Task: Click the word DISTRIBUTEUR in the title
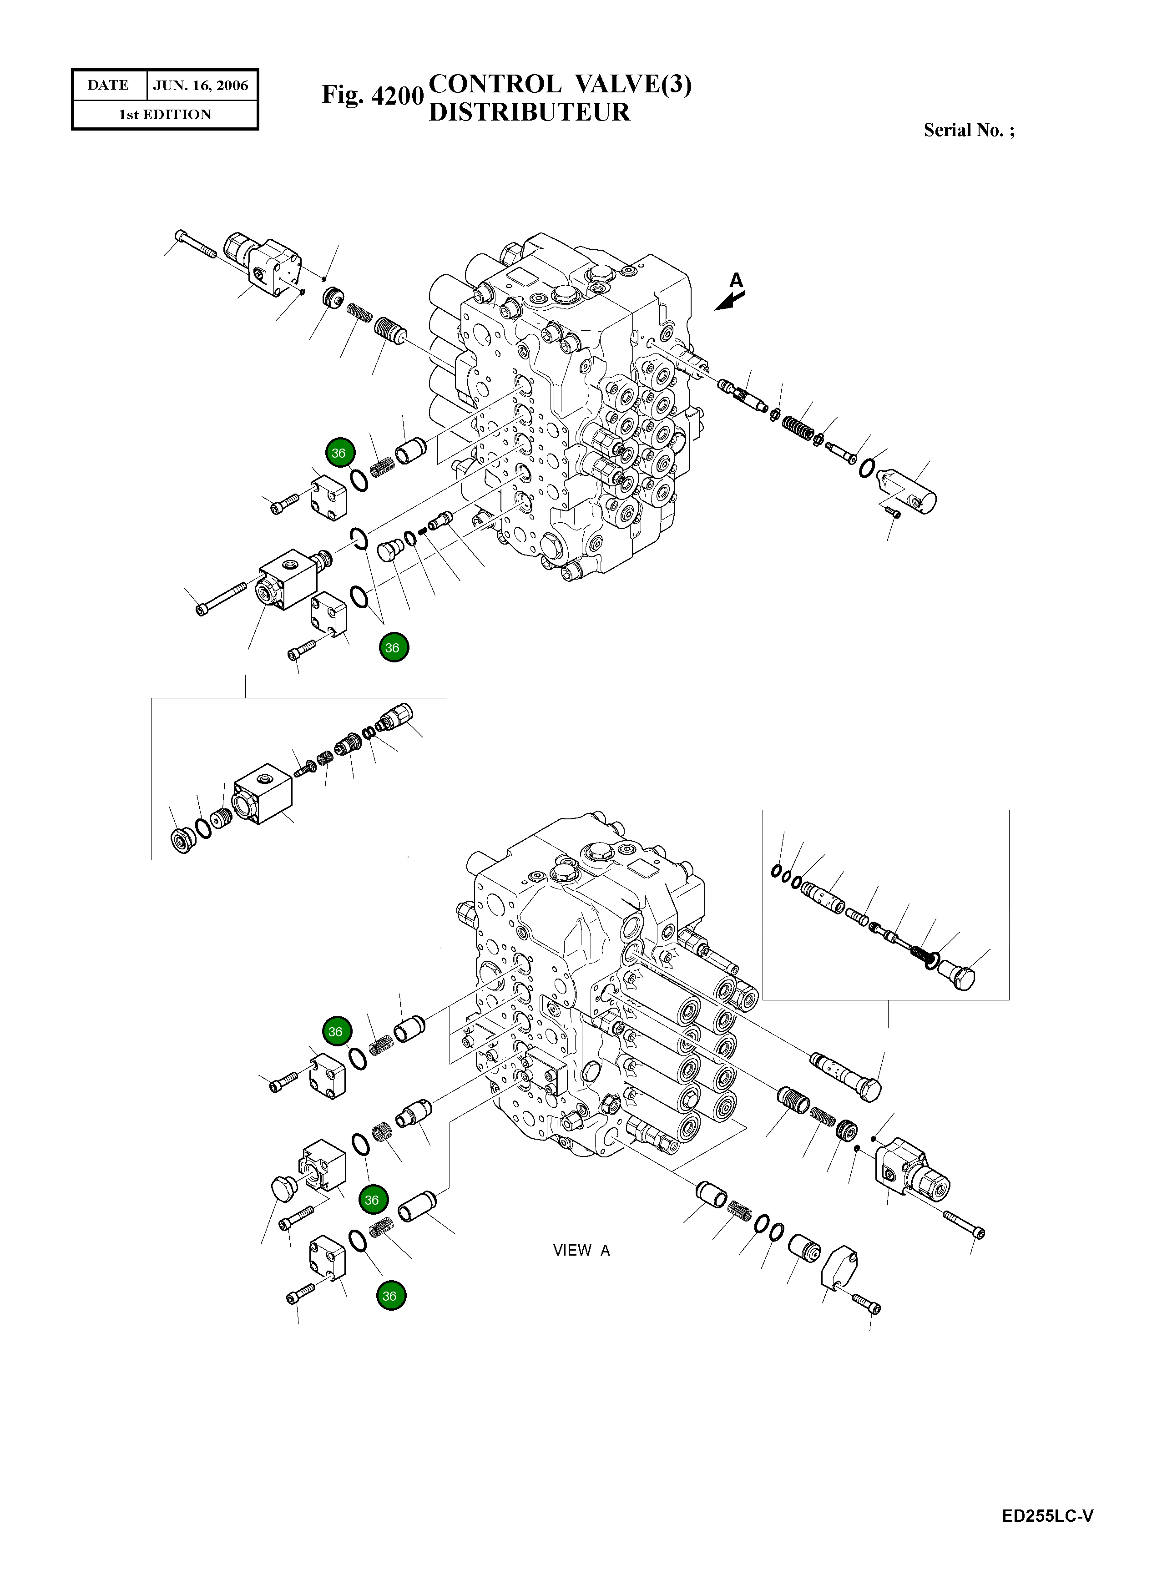[529, 112]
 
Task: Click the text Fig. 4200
[373, 95]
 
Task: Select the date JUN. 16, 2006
[201, 86]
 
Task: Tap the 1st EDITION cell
[165, 115]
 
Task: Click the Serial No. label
[969, 130]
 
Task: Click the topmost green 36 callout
[339, 453]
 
